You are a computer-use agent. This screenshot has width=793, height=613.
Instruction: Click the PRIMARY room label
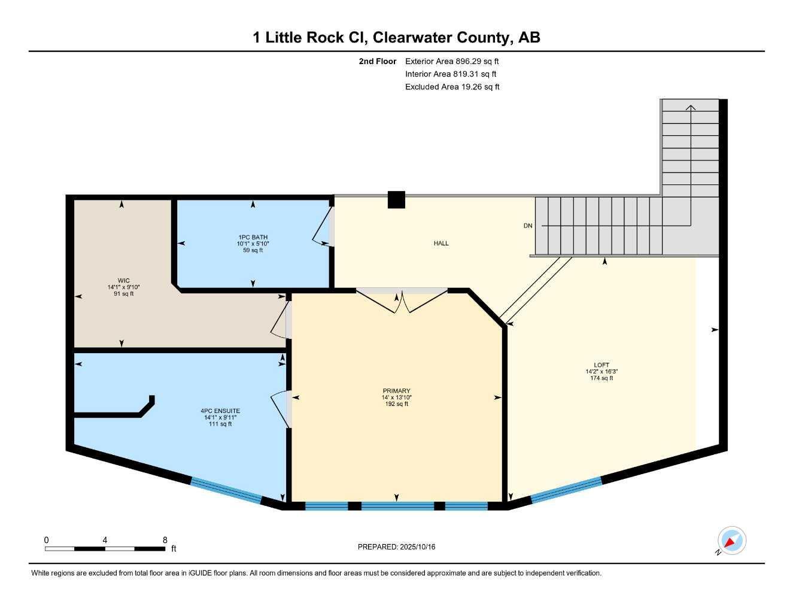click(x=396, y=390)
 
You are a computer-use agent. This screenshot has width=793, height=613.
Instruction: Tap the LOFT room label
click(x=601, y=365)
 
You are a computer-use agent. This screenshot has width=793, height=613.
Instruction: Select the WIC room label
click(x=123, y=281)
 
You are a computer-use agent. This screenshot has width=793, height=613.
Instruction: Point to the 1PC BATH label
click(x=253, y=237)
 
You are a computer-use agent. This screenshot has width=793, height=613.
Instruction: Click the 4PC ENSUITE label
click(x=220, y=411)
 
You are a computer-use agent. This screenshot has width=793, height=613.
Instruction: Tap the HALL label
click(x=441, y=244)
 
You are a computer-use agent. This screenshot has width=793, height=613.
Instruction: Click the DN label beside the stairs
click(x=528, y=226)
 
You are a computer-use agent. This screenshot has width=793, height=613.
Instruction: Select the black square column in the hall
click(x=396, y=200)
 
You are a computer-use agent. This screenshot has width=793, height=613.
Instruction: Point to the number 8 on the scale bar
click(x=165, y=540)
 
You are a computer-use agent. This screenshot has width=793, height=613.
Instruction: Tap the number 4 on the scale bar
click(x=105, y=540)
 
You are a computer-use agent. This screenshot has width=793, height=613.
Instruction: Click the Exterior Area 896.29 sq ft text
click(x=452, y=61)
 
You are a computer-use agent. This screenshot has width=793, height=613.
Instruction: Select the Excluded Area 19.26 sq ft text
click(x=452, y=87)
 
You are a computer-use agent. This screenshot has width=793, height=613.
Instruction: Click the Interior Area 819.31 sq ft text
click(x=451, y=74)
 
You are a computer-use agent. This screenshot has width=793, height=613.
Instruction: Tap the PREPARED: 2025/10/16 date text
click(x=396, y=547)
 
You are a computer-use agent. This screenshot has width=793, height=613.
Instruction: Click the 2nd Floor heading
click(x=377, y=61)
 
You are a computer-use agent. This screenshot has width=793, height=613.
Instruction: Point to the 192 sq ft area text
click(x=396, y=404)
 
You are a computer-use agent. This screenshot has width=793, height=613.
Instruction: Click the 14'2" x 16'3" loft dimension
click(x=601, y=371)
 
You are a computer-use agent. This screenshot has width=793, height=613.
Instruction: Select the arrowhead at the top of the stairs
click(x=691, y=107)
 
